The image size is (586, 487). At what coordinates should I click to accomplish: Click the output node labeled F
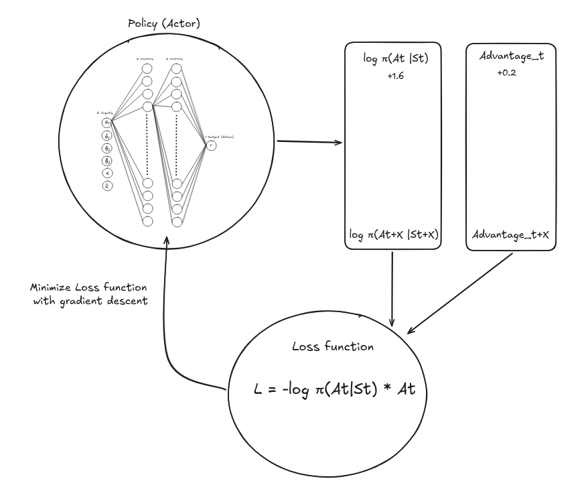pyautogui.click(x=211, y=145)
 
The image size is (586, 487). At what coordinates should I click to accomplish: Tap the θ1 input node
pyautogui.click(x=107, y=123)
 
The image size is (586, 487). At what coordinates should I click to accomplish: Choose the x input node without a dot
pyautogui.click(x=107, y=173)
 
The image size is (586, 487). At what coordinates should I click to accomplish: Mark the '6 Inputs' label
pyautogui.click(x=104, y=113)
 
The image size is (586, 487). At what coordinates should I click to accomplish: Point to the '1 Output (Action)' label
pyautogui.click(x=220, y=137)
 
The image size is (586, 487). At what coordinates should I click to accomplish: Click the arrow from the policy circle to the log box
pyautogui.click(x=308, y=142)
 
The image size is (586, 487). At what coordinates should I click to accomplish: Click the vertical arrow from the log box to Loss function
pyautogui.click(x=392, y=288)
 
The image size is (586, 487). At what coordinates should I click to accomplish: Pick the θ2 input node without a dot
pyautogui.click(x=107, y=148)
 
